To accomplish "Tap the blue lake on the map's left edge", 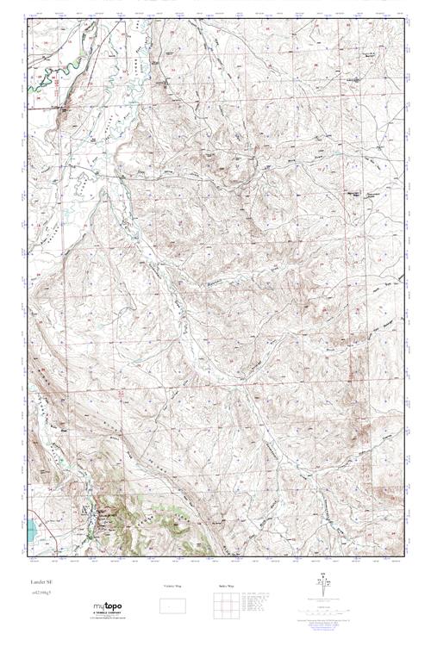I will click(x=30, y=529).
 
